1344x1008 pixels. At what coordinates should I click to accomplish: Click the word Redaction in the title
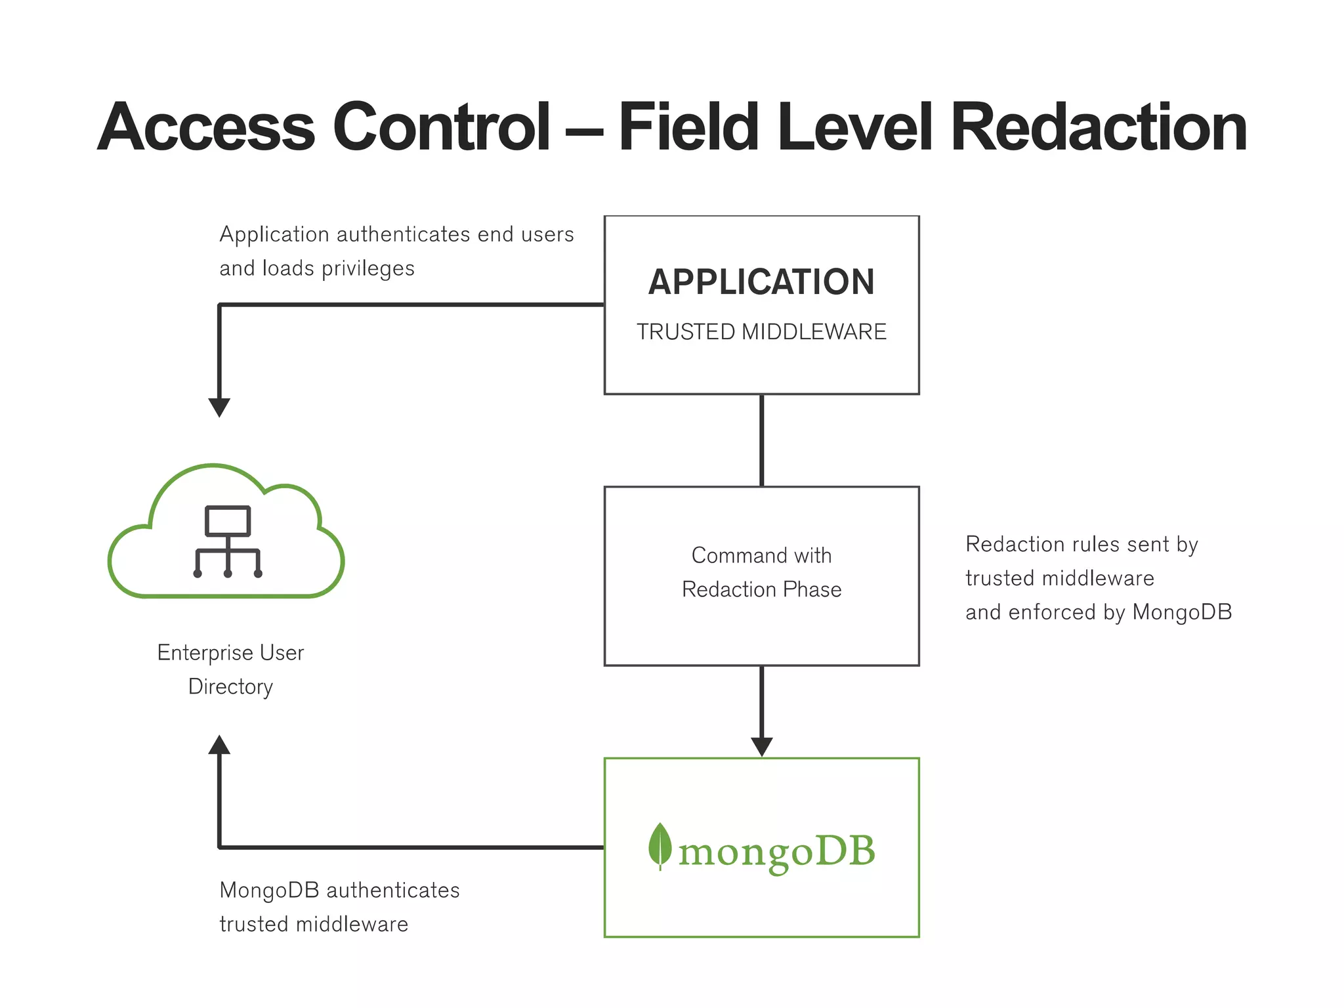pos(1097,128)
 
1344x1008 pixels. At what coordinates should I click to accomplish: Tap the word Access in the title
pos(207,128)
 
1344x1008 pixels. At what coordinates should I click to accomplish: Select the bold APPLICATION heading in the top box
pos(761,282)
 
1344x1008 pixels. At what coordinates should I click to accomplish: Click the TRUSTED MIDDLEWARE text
pos(761,332)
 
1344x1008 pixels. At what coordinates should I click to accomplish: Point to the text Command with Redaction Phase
pos(761,572)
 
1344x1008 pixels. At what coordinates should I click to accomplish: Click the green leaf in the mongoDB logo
pos(660,845)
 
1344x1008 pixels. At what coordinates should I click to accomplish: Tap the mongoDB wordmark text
pos(776,852)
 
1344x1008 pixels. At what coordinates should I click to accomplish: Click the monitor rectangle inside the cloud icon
pos(228,521)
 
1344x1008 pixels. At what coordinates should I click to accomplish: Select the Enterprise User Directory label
pos(230,669)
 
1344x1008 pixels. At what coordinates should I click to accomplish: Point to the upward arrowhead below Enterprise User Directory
pos(219,745)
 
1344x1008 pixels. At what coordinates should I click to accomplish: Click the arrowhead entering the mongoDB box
pos(761,747)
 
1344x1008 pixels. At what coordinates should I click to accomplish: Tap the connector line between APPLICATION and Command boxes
pos(761,440)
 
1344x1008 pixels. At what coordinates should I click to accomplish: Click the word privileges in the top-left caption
pos(367,268)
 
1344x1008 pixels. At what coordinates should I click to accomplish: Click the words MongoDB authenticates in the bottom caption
pos(339,891)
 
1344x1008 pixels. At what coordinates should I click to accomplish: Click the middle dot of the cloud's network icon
pos(228,574)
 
